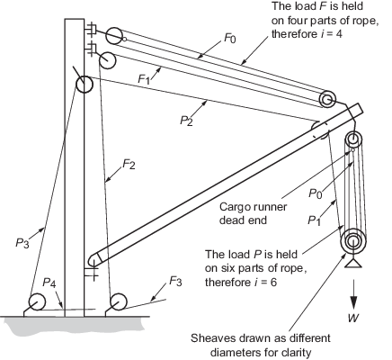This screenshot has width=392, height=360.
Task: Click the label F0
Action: tap(230, 39)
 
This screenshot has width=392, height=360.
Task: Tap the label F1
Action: tap(144, 79)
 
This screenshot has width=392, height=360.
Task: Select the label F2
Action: tap(129, 164)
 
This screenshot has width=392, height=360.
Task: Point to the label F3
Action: tap(175, 282)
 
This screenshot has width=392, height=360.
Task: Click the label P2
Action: tap(186, 121)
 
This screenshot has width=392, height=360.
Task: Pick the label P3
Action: tap(22, 243)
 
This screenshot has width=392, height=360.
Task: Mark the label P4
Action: tap(49, 283)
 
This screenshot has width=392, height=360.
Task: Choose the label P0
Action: tap(316, 193)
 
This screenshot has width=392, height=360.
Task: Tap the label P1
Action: tap(314, 220)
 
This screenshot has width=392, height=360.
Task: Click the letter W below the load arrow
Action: tap(353, 318)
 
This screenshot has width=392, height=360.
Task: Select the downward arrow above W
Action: tap(354, 294)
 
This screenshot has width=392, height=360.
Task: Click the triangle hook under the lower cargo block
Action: tap(353, 263)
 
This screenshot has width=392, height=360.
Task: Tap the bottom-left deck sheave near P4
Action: tap(37, 301)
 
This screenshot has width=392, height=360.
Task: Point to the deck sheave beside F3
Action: tap(118, 301)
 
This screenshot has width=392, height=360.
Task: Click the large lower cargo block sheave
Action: tap(353, 241)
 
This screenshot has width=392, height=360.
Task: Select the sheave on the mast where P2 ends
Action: tap(85, 85)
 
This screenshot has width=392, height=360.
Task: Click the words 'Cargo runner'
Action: tap(253, 207)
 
